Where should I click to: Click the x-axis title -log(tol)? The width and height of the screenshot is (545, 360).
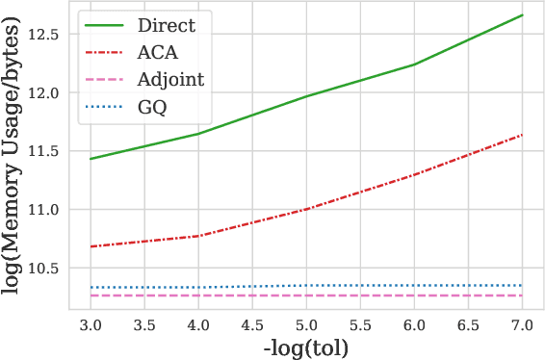[x=305, y=347]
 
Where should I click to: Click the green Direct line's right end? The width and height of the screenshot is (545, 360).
[x=522, y=15]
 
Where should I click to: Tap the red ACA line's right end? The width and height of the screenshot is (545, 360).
[x=522, y=135]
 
